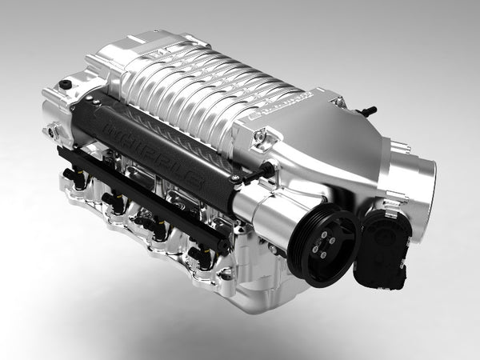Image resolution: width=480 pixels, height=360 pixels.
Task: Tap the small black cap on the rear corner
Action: [x=65, y=84]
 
